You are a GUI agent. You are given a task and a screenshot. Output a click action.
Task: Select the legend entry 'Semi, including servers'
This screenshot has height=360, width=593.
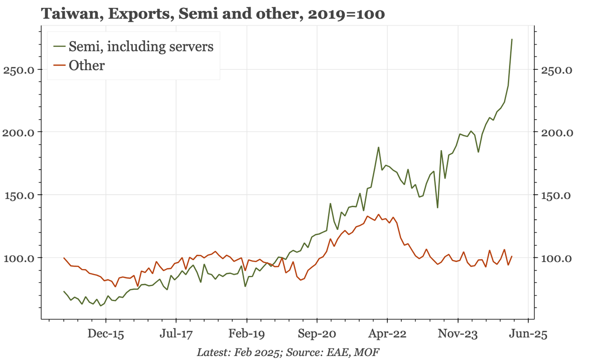pos(141,46)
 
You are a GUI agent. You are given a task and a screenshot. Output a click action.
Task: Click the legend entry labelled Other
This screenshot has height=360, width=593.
pos(86,66)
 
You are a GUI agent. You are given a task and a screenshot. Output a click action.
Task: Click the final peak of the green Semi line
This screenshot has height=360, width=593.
pos(511,39)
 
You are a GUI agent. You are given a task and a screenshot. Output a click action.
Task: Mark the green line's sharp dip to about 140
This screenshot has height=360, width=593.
pos(437,207)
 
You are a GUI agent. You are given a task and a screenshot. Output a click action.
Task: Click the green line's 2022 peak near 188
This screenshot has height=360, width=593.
pos(379,147)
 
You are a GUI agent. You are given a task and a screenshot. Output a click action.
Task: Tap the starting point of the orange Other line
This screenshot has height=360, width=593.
pos(64,258)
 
